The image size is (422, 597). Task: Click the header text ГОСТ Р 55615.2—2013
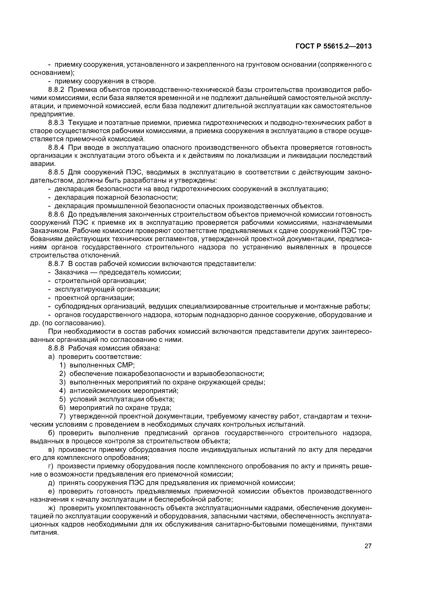tap(334, 46)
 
